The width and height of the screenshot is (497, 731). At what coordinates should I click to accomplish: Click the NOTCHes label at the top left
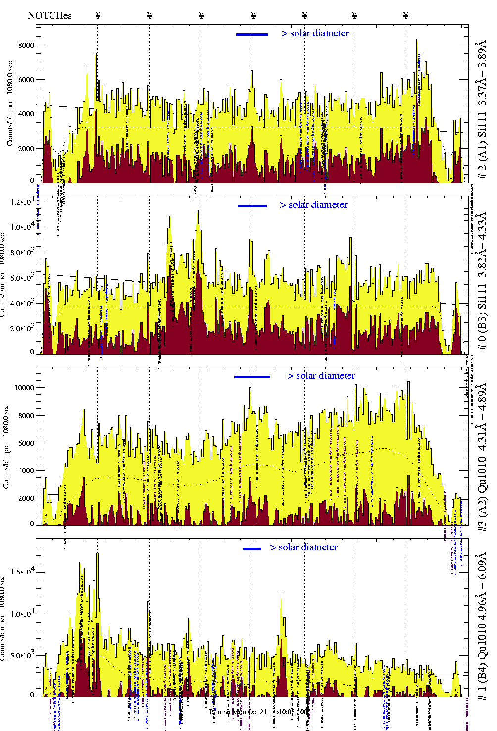point(50,15)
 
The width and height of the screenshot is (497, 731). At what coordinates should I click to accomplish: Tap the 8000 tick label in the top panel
point(26,45)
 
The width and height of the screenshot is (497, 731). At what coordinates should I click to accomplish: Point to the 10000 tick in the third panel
point(25,388)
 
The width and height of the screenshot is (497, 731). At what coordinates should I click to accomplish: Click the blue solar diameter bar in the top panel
point(252,34)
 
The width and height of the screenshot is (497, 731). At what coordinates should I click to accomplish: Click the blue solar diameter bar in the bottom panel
point(252,549)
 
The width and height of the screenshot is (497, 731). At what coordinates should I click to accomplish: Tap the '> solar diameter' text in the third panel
point(321,376)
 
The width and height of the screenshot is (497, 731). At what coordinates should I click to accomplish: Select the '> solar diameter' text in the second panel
point(313,205)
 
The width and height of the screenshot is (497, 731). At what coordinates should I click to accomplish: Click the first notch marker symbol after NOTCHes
point(98,15)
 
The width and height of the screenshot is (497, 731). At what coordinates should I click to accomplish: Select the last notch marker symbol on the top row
point(406,15)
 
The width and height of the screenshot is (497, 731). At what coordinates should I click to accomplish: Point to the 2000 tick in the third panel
point(26,499)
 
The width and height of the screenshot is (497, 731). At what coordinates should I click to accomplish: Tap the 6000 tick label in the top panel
point(26,80)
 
